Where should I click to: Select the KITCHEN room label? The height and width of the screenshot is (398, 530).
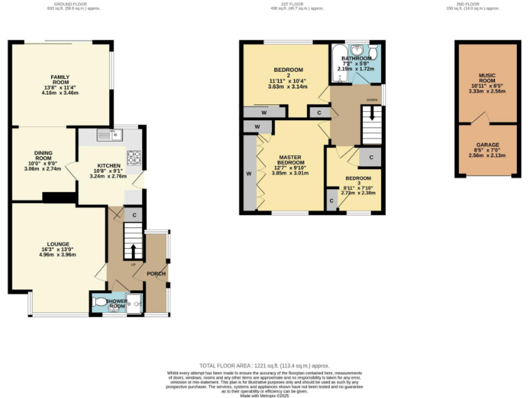point(109,166)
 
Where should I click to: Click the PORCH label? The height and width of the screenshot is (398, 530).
point(156,273)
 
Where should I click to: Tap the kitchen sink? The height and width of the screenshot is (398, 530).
point(108,134)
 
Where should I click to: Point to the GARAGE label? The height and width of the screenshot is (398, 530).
point(487,145)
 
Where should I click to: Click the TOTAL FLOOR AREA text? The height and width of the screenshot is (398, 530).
point(264,366)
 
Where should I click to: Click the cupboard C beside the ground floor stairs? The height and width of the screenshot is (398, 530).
point(134,215)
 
